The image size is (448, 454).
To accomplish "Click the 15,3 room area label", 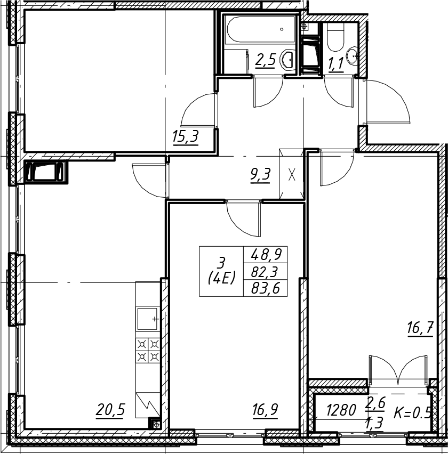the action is [x=185, y=136].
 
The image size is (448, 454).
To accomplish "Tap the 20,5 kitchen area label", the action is [x=110, y=410].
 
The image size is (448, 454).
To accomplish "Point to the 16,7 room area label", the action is [x=420, y=329].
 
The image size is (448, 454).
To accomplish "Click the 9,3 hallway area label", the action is [x=260, y=175].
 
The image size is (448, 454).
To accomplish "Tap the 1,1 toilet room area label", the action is [x=336, y=64].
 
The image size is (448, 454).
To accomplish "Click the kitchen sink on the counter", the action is [x=147, y=319].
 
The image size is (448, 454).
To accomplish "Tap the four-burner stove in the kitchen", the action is [x=148, y=350].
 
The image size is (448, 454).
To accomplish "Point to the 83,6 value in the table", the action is [x=265, y=288].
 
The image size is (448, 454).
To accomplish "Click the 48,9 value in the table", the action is [x=265, y=255].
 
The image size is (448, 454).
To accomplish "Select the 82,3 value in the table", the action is [x=265, y=272].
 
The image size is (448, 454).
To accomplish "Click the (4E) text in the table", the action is [x=221, y=279].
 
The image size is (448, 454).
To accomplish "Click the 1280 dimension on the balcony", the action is [x=341, y=410].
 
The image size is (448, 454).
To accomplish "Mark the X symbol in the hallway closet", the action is [x=292, y=175].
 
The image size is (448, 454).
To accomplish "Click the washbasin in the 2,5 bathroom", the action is [x=288, y=60].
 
